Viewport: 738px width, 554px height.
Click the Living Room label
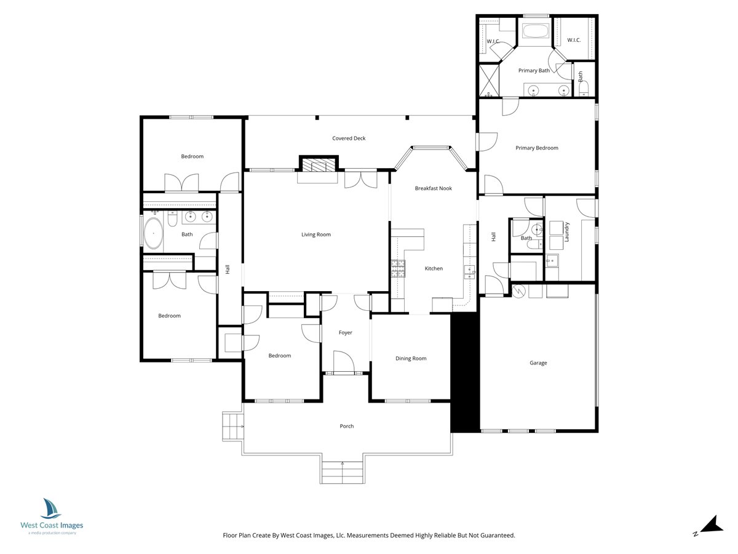315,235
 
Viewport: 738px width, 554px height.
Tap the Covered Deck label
349,138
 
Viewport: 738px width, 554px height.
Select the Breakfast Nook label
433,188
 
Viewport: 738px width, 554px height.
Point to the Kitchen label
434,268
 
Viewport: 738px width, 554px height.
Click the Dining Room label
411,359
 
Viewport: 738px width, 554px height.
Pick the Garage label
538,363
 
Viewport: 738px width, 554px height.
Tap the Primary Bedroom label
537,148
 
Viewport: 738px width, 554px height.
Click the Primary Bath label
534,71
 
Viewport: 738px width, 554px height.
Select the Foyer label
345,332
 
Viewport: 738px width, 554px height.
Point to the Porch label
347,426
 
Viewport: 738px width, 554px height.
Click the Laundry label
566,232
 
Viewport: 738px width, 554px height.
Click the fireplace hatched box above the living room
319,165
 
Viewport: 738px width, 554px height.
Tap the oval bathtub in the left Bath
153,233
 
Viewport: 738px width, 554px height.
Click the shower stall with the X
489,81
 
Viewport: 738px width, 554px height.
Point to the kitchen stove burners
398,269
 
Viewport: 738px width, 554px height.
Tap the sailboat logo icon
51,508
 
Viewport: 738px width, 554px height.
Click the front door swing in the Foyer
344,361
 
